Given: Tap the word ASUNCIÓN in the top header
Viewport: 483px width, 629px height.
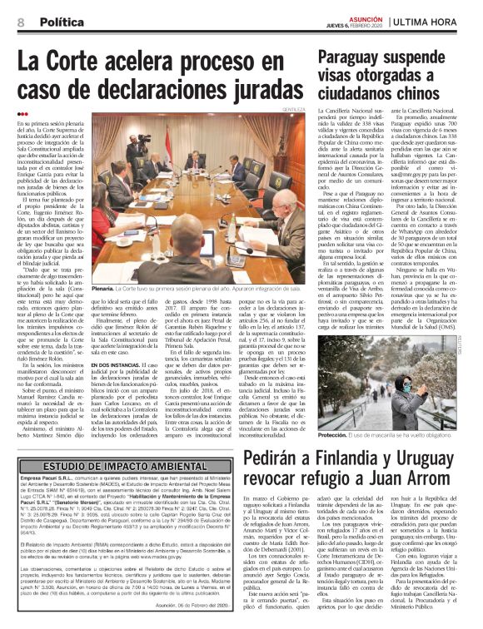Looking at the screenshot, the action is [x=362, y=13].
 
